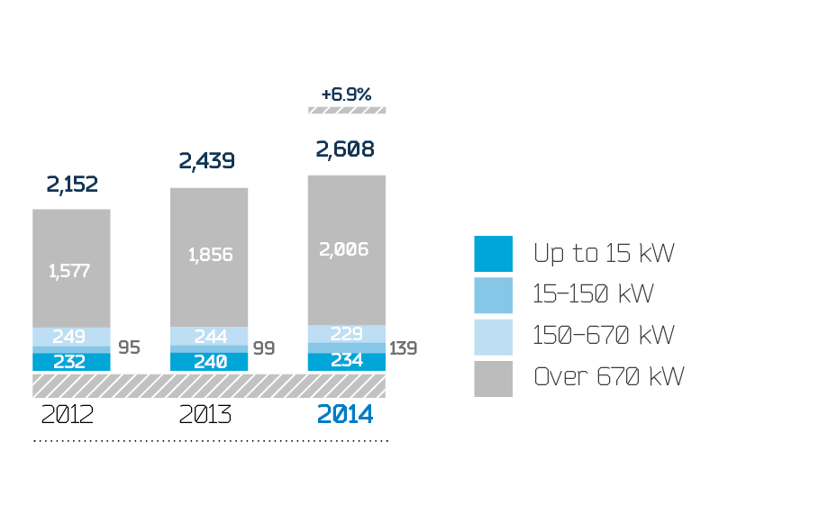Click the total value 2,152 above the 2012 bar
[72, 185]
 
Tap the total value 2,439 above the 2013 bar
[206, 161]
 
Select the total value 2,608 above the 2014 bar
[346, 149]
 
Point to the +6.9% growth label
[346, 94]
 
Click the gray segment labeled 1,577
[71, 269]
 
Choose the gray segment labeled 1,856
[210, 255]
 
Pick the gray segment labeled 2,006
[347, 249]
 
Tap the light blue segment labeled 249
[71, 337]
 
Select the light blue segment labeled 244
[210, 336]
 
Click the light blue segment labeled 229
[347, 333]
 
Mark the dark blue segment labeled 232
[71, 362]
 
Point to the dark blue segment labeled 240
[210, 362]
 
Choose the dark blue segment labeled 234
[347, 361]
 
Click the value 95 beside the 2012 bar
[129, 347]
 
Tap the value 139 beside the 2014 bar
[403, 347]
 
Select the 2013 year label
[205, 415]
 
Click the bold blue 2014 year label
[344, 415]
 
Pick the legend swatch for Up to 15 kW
[493, 254]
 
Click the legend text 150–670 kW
[604, 336]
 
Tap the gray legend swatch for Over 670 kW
[493, 378]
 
